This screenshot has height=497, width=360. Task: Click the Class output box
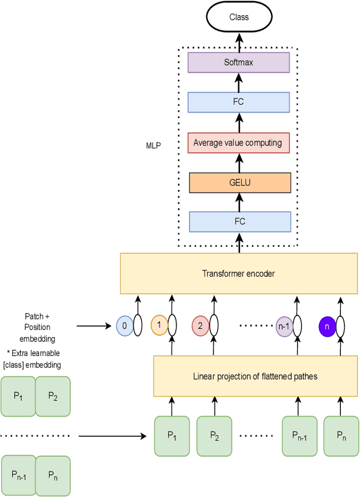[x=238, y=17]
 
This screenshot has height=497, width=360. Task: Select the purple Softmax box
[x=238, y=62]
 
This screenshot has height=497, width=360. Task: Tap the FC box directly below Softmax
[x=238, y=102]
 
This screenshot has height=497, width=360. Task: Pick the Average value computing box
[x=238, y=143]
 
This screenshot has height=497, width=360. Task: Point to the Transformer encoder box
[x=238, y=274]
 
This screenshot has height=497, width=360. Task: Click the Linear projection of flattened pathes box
[x=255, y=376]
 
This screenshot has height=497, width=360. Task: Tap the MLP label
[x=154, y=146]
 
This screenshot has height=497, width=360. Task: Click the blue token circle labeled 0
[x=124, y=325]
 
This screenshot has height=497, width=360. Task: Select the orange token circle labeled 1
[x=159, y=325]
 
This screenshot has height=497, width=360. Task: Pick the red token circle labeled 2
[x=200, y=325]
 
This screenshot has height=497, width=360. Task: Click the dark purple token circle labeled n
[x=326, y=325]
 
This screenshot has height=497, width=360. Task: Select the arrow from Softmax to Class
[x=238, y=42]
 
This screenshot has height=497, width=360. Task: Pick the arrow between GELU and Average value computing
[x=238, y=163]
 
